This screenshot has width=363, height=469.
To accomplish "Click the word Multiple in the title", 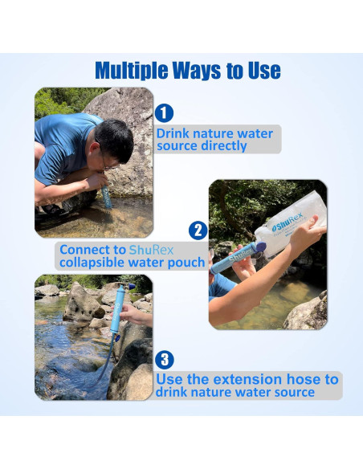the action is (132, 71).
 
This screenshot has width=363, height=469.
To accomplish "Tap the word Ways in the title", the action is (197, 71).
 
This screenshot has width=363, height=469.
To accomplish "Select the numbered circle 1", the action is (164, 113).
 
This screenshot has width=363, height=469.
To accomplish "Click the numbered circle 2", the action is (198, 230).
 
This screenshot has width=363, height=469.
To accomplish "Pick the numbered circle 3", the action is (165, 360).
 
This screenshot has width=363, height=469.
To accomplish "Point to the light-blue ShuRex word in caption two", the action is (151, 250).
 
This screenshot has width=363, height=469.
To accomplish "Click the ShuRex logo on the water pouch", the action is (288, 222).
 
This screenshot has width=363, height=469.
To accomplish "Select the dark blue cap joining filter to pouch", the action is (259, 248).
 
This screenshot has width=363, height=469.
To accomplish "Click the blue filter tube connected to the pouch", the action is (233, 259).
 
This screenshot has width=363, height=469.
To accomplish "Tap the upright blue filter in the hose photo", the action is (117, 309).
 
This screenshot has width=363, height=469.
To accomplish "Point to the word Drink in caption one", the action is (173, 133).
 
